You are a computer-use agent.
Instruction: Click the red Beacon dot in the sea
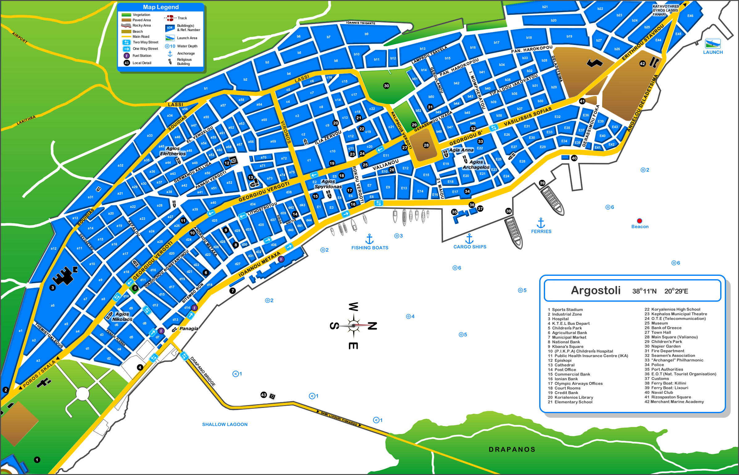coord(639,221)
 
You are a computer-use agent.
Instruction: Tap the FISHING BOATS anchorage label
coord(370,248)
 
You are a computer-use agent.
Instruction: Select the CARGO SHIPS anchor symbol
coord(469,239)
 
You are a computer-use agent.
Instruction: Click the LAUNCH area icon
coord(713,44)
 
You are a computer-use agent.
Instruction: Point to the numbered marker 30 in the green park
coord(386,86)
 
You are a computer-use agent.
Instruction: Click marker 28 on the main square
coord(426,145)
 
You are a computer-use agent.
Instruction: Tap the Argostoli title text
coord(595,290)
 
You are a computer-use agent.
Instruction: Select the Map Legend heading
coord(161,7)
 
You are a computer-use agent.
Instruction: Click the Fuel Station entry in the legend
coord(142,56)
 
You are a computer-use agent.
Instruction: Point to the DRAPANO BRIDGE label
coord(203,371)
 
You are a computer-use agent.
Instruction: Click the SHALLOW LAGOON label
coord(224,425)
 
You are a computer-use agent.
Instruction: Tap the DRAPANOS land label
coord(512,449)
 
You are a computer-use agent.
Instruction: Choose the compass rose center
coord(354,326)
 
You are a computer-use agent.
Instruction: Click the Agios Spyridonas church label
coord(328,184)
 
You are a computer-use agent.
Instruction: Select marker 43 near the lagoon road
coord(263,395)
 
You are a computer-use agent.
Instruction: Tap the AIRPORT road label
coord(19,37)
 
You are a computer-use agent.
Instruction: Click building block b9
coord(366,34)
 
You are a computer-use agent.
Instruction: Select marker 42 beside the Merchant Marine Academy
coord(642,63)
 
